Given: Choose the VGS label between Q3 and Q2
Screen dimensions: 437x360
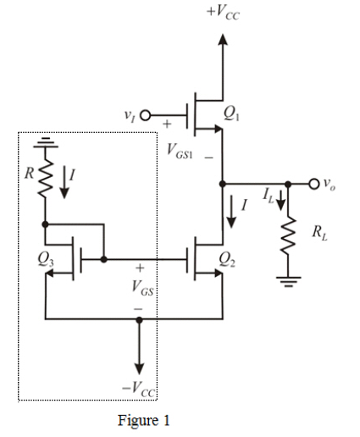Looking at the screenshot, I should [x=139, y=286].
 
